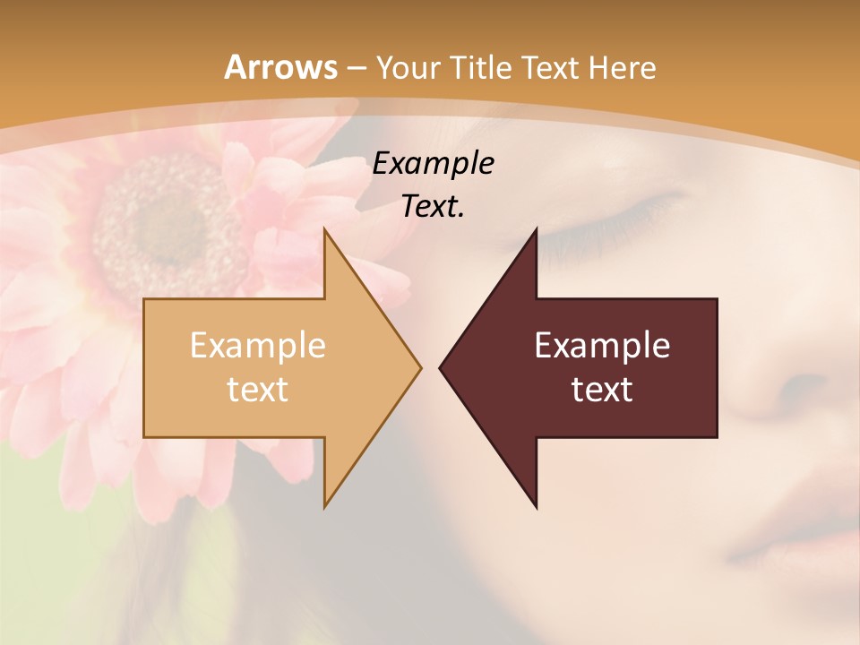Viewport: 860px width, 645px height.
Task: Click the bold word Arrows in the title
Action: click(x=280, y=67)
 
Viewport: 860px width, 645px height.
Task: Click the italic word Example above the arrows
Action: click(x=434, y=164)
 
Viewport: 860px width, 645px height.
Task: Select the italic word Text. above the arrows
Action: click(x=434, y=207)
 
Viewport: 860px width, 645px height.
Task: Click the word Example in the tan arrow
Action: click(x=258, y=346)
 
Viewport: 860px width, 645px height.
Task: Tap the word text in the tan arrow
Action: click(x=258, y=390)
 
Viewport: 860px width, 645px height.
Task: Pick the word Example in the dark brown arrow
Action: click(x=602, y=346)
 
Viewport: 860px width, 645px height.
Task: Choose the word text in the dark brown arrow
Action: click(x=602, y=390)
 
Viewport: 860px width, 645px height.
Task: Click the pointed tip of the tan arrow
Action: click(x=419, y=367)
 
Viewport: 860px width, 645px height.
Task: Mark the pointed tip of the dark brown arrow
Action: click(x=441, y=367)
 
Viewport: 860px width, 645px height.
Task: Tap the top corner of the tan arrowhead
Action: click(x=325, y=230)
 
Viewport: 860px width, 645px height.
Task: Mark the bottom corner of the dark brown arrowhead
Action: click(x=536, y=507)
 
